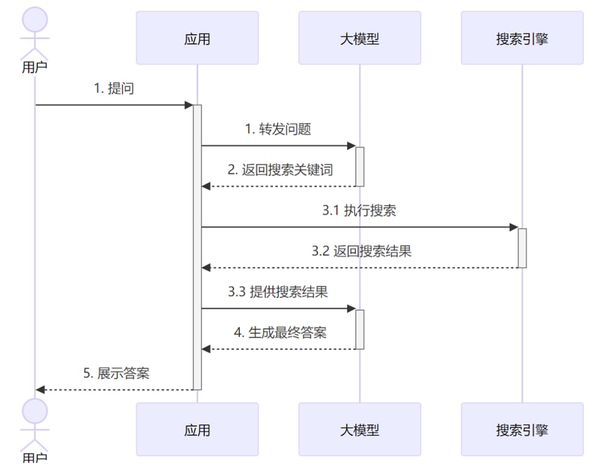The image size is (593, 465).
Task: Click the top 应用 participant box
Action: tap(197, 38)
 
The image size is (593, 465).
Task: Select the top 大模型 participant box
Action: tap(359, 38)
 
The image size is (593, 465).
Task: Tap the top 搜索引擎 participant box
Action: tap(522, 38)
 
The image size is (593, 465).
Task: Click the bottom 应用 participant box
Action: tap(197, 429)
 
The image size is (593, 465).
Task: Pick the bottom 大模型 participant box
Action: tap(359, 429)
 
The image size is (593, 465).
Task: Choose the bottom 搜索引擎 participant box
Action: tap(522, 429)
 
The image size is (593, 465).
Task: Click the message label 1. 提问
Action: tap(114, 88)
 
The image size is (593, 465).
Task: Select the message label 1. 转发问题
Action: tap(277, 129)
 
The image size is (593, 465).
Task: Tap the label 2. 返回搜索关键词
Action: tap(279, 170)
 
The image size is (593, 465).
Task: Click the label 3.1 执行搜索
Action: tap(359, 211)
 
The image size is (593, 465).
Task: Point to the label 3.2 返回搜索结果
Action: tap(361, 251)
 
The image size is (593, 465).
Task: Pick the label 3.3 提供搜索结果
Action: tap(277, 292)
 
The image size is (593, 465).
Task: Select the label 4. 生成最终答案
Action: tap(279, 332)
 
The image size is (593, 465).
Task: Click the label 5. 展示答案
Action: tap(116, 373)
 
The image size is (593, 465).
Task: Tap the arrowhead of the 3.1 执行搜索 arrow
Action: tap(514, 227)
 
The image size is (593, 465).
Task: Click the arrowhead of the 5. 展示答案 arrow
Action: tap(40, 389)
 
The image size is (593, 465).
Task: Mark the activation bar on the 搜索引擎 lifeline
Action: tap(522, 248)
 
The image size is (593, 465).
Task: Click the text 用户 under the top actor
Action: tap(34, 67)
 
